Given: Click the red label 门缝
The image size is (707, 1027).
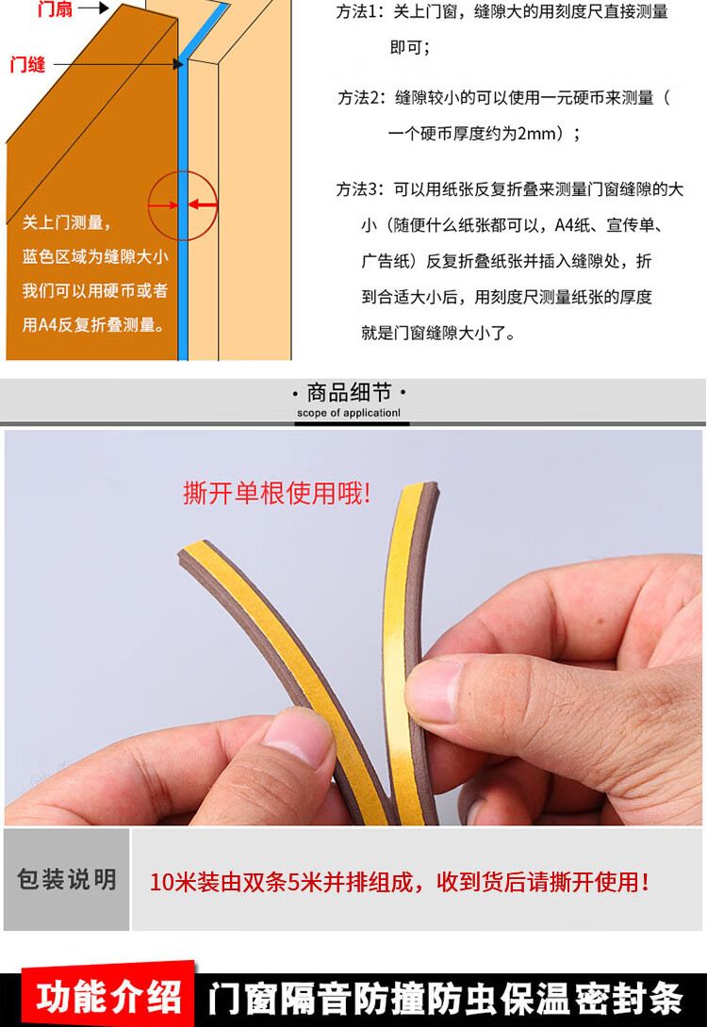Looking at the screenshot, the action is click(x=27, y=65).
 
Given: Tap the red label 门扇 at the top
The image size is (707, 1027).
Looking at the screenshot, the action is click(x=55, y=8).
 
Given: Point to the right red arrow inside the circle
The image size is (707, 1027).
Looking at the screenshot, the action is click(x=203, y=205).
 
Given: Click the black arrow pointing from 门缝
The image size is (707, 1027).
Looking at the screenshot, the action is click(x=118, y=64).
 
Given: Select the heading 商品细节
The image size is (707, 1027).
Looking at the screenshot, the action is click(x=349, y=392).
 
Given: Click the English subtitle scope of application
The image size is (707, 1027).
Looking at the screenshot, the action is click(x=349, y=413).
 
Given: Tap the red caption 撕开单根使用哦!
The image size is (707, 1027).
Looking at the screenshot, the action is click(x=277, y=493).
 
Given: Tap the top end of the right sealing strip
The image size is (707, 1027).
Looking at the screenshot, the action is click(x=419, y=487).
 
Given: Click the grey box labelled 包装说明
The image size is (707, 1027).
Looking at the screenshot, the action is click(x=66, y=879).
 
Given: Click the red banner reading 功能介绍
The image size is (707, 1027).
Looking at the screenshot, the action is click(x=108, y=997).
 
